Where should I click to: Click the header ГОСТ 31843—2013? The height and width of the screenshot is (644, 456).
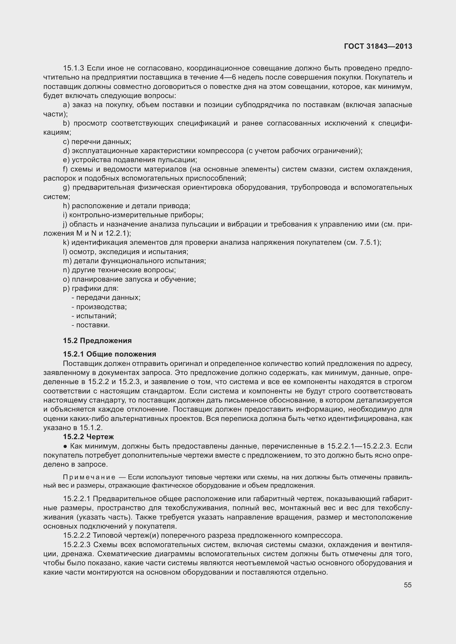pos(378,46)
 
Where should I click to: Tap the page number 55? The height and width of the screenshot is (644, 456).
pos(408,585)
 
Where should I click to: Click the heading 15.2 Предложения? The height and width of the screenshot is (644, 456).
pos(97,341)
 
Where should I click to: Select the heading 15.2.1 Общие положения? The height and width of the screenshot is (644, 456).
pos(109,354)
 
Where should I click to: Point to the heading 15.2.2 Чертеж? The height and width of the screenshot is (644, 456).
pos(88,437)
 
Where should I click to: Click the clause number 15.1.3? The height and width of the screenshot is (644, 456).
pos(74,68)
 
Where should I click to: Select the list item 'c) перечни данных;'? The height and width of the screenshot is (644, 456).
pos(97,142)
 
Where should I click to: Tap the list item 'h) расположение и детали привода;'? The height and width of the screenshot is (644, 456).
pos(126,206)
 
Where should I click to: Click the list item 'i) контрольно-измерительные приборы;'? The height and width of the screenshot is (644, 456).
pos(133,215)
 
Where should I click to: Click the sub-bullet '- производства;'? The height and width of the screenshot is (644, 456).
pos(99,307)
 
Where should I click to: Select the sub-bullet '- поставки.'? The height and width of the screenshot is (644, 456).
pos(91,325)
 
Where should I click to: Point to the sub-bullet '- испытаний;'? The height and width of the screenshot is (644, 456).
pos(94,316)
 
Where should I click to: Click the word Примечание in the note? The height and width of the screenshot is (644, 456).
pos(89,477)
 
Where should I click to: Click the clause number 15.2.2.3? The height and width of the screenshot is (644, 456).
pos(77,545)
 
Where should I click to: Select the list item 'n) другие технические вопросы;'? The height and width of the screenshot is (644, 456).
pos(119,270)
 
